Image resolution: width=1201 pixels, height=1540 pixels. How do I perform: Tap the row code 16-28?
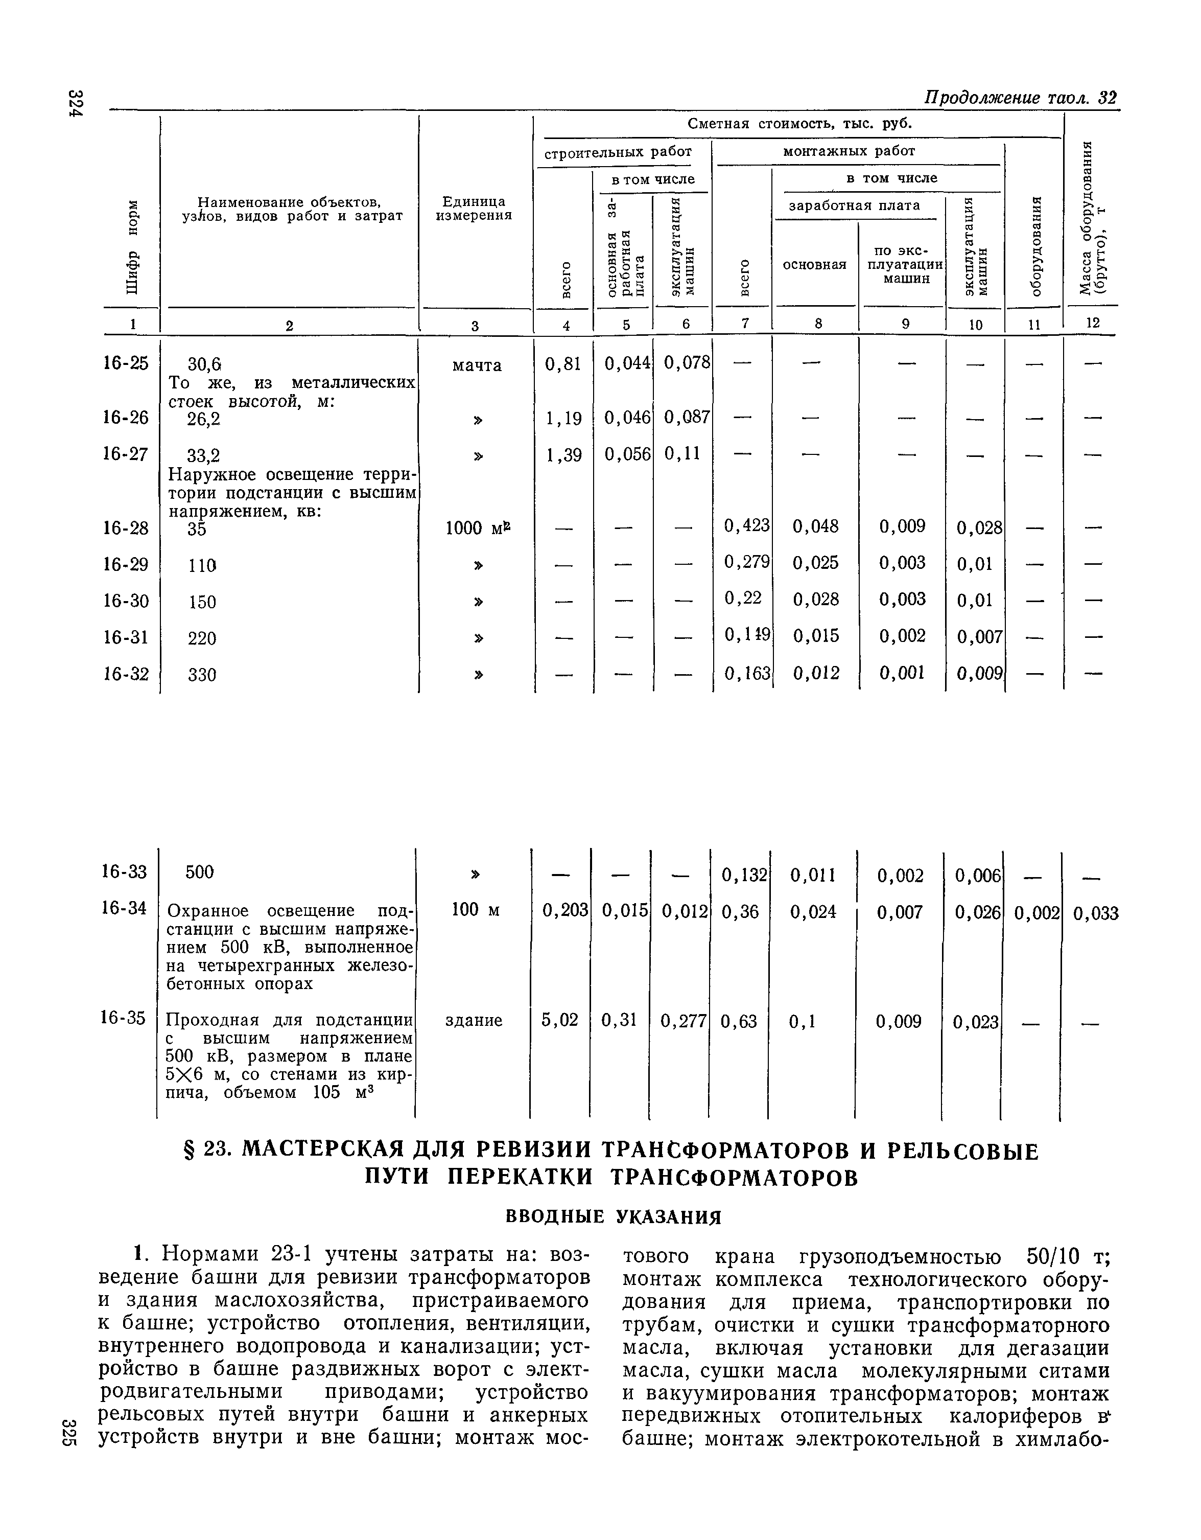coord(126,527)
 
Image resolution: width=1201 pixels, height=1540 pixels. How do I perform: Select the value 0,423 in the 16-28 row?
coord(746,525)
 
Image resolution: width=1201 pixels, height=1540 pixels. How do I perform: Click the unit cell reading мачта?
coord(477,365)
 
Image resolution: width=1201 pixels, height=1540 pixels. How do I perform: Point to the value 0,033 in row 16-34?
coord(1095,914)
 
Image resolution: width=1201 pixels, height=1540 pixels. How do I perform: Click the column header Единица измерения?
coord(474,208)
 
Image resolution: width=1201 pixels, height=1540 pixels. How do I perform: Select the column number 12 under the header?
coord(1091,323)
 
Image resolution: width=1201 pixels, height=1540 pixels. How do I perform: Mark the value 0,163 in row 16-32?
coord(746,673)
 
